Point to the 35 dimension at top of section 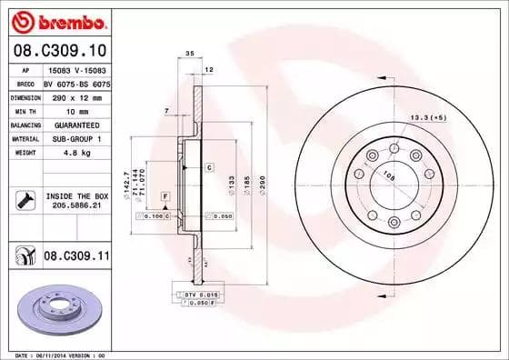pos(189,55)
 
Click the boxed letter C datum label pos(208,167)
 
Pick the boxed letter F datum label pos(165,196)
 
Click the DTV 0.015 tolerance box pos(195,296)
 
